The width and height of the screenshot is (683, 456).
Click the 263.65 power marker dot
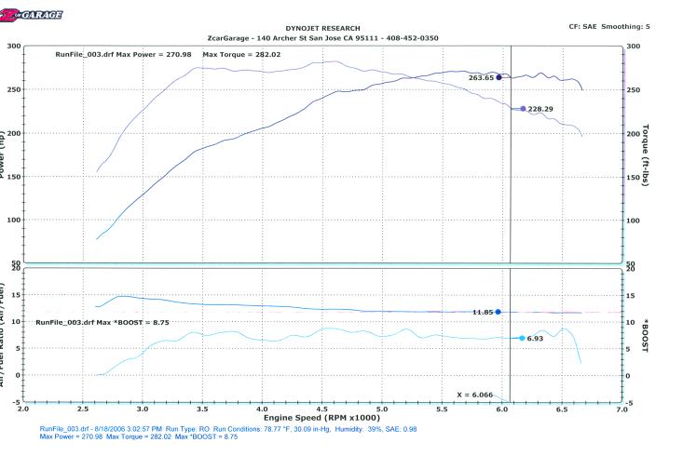coord(499,77)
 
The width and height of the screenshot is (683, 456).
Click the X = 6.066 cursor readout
coord(478,395)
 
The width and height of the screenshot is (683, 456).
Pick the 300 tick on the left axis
coord(12,46)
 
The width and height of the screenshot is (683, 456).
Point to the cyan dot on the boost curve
coord(522,338)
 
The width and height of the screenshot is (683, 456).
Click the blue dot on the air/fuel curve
coord(499,312)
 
